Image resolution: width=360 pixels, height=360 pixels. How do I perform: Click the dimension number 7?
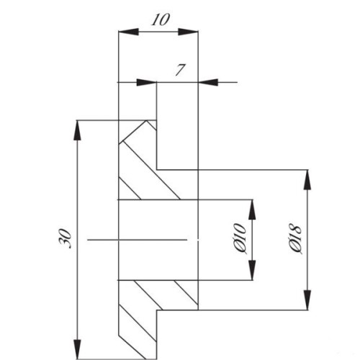180,70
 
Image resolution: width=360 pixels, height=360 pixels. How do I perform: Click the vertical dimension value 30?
65,238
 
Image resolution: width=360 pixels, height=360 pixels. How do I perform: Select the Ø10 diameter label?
240,239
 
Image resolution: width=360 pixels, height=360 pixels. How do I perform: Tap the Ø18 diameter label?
295,239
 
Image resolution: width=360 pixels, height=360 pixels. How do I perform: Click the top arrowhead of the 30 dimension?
77,130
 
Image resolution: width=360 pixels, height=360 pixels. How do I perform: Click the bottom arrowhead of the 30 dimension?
77,349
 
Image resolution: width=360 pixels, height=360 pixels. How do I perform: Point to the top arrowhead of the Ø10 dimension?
252,210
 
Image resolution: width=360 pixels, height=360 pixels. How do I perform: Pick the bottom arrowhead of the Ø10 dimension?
252,271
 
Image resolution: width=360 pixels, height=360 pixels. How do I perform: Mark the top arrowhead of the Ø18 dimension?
307,180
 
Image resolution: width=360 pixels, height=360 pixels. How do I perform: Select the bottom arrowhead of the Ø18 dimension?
307,300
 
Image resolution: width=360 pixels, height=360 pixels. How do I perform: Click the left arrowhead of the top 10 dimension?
129,32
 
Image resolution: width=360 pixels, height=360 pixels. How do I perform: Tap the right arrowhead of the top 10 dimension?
188,32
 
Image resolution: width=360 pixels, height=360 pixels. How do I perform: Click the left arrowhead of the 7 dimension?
147,82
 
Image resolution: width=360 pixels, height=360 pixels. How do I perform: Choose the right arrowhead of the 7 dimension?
208,82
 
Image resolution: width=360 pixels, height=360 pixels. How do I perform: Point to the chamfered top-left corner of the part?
132,132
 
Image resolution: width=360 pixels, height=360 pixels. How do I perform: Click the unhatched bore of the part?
158,240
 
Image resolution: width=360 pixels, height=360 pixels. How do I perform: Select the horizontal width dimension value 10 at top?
161,19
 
